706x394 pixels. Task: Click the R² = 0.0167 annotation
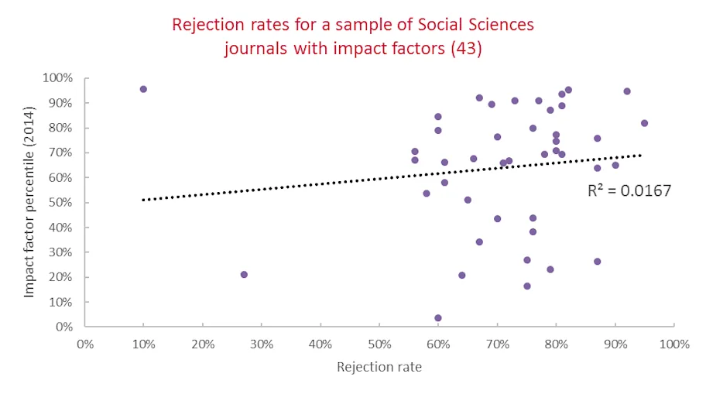pyautogui.click(x=629, y=190)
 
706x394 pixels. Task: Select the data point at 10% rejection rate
pyautogui.click(x=143, y=89)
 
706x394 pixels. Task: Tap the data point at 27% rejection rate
pyautogui.click(x=244, y=274)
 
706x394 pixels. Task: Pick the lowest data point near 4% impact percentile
pyautogui.click(x=438, y=318)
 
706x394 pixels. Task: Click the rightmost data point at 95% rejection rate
pyautogui.click(x=644, y=123)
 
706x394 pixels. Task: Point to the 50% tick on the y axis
pyautogui.click(x=61, y=203)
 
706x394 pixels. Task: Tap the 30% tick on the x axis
pyautogui.click(x=262, y=344)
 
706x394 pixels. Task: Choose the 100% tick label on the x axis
pyautogui.click(x=674, y=344)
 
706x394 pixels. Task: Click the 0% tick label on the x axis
pyautogui.click(x=85, y=344)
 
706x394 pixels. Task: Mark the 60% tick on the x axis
pyautogui.click(x=438, y=344)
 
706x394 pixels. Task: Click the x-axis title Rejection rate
pyautogui.click(x=379, y=367)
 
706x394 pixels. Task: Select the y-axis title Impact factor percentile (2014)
pyautogui.click(x=29, y=203)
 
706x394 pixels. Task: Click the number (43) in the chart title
pyautogui.click(x=465, y=48)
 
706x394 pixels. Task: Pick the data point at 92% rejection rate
pyautogui.click(x=626, y=91)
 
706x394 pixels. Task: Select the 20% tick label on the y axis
pyautogui.click(x=61, y=277)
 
